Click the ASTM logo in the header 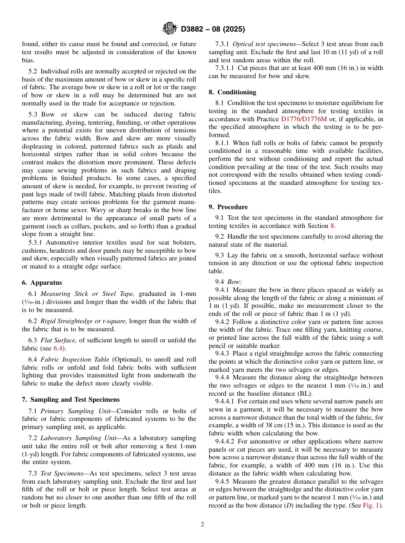click(x=169, y=29)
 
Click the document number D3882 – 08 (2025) click(x=213, y=29)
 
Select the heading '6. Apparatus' click(x=42, y=283)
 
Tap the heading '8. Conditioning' click(x=232, y=92)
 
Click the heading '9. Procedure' click(x=228, y=207)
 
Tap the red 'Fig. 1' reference click(x=372, y=506)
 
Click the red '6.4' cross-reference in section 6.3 click(x=58, y=348)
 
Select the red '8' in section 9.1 click(x=333, y=226)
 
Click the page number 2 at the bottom click(x=202, y=525)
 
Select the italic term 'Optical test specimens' click(x=264, y=44)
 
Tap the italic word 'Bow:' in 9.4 click(x=234, y=282)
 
